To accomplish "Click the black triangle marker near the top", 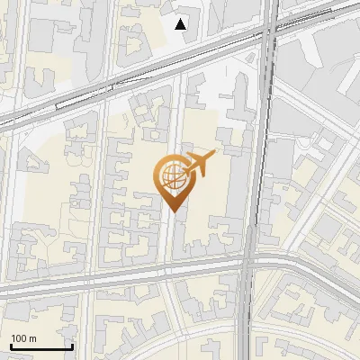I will point(181,24).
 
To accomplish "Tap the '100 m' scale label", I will point(23,338).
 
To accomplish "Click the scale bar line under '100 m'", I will point(41,347).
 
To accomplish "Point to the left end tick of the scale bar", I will point(11,346).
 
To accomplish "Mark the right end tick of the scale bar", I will point(72,346).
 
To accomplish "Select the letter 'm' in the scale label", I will point(32,338).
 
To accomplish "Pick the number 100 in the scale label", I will point(19,338).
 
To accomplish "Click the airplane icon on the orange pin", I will point(197,164).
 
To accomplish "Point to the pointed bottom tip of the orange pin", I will point(172,211).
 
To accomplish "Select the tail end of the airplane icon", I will point(184,168).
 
